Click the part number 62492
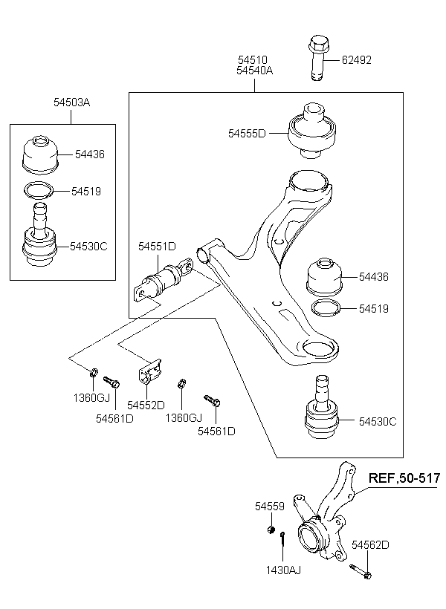pyautogui.click(x=357, y=60)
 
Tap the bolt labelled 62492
pyautogui.click(x=317, y=58)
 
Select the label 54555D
pyautogui.click(x=247, y=134)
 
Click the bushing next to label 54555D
pyautogui.click(x=312, y=130)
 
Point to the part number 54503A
pyautogui.click(x=72, y=102)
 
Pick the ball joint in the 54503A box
pyautogui.click(x=39, y=235)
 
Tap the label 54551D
pyautogui.click(x=157, y=247)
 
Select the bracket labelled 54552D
pyautogui.click(x=150, y=371)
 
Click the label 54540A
pyautogui.click(x=255, y=71)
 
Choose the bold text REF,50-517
pyautogui.click(x=404, y=478)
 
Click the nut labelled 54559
pyautogui.click(x=271, y=529)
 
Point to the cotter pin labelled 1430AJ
pyautogui.click(x=283, y=538)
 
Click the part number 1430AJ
pyautogui.click(x=283, y=570)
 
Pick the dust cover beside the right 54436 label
pyautogui.click(x=325, y=276)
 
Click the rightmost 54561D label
pyautogui.click(x=216, y=431)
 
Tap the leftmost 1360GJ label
pyautogui.click(x=91, y=398)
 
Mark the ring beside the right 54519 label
pyautogui.click(x=326, y=308)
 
